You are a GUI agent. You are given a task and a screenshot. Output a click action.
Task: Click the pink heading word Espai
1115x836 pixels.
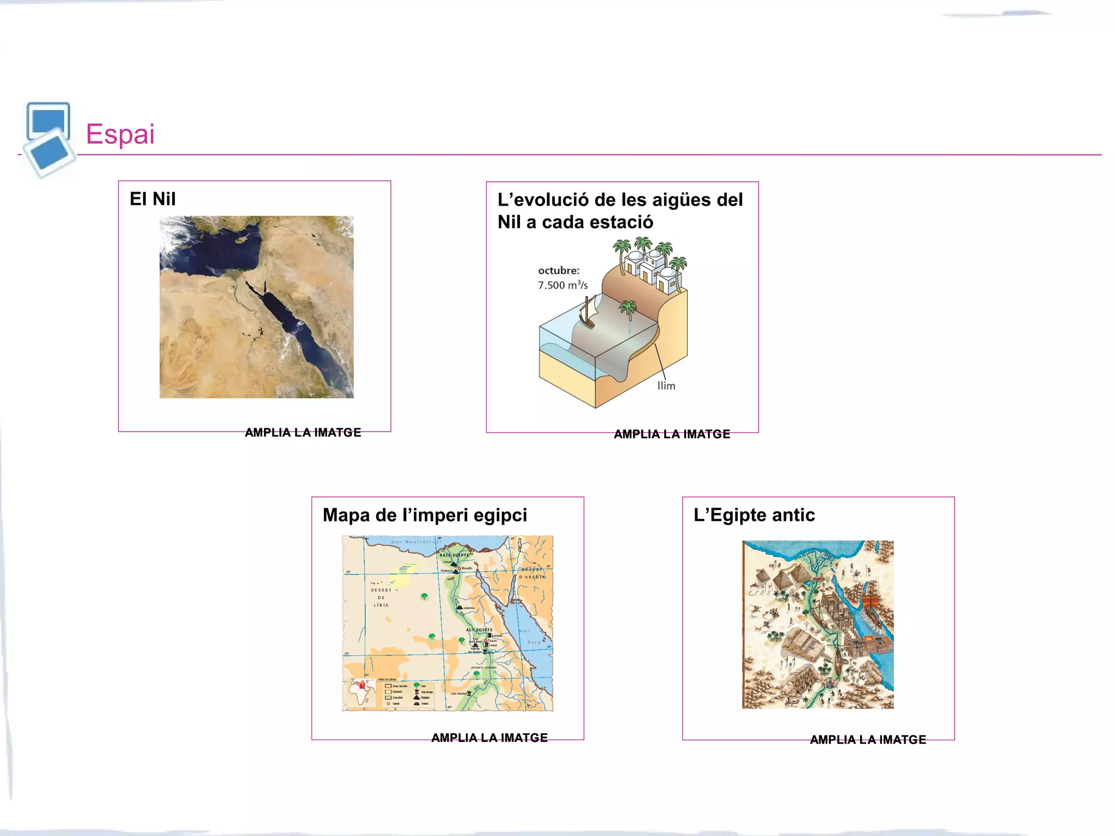(x=120, y=134)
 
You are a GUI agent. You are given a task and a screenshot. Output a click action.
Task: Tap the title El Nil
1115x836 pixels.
(x=152, y=199)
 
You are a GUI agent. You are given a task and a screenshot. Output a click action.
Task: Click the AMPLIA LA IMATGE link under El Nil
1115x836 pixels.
(x=303, y=433)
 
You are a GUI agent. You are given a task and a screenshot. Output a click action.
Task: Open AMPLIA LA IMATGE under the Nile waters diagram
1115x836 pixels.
(x=672, y=434)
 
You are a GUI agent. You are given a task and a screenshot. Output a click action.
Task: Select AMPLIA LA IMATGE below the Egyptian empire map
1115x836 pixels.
(x=489, y=738)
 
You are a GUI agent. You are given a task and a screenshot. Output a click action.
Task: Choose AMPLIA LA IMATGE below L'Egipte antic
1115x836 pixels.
(x=868, y=740)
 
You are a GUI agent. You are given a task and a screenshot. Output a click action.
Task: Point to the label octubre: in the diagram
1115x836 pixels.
(x=559, y=271)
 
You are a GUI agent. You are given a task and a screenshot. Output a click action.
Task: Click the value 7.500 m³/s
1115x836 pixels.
(x=563, y=285)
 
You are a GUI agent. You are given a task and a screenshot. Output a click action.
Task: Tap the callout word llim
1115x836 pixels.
(x=666, y=386)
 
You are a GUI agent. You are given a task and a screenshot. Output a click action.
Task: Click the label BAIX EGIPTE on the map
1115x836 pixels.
(x=454, y=555)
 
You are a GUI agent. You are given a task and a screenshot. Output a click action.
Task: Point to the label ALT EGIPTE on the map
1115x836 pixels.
(x=479, y=630)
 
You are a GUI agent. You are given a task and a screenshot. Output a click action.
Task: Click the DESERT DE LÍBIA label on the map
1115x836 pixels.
(x=381, y=598)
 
